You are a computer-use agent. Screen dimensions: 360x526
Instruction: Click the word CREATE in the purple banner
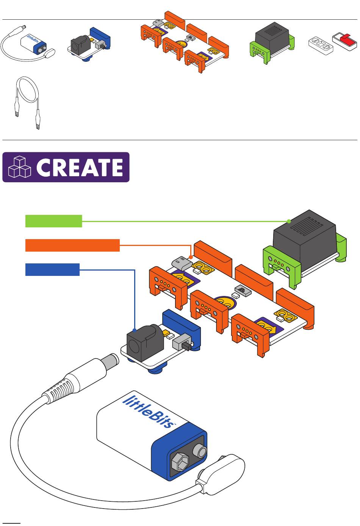pos(80,167)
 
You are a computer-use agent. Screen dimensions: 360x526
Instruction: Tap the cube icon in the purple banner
pos(19,167)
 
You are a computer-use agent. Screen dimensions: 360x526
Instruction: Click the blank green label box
pos(53,221)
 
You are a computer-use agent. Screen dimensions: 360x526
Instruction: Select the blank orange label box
pos(72,246)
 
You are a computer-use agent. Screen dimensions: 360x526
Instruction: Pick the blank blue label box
pos(52,269)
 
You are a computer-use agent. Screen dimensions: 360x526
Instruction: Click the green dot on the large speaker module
pos(289,221)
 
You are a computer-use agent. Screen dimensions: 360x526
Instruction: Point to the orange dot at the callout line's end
pos(191,257)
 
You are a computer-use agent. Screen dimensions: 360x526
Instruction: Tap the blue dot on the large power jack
pos(135,330)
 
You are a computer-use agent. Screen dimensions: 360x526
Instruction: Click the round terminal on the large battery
pos(200,451)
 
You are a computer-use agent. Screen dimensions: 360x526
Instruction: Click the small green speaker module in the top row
pos(272,43)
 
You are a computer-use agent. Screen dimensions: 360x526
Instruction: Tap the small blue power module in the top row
pos(89,44)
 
